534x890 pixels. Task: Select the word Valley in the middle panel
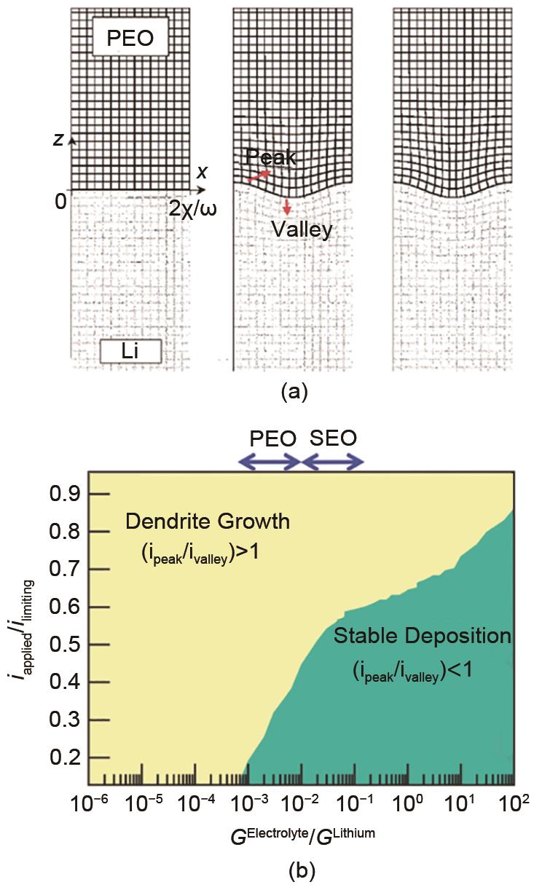pos(302,229)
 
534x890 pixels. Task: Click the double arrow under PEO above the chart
pos(270,462)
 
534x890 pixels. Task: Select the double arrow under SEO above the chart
pos(332,462)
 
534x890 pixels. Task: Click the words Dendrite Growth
pos(208,521)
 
